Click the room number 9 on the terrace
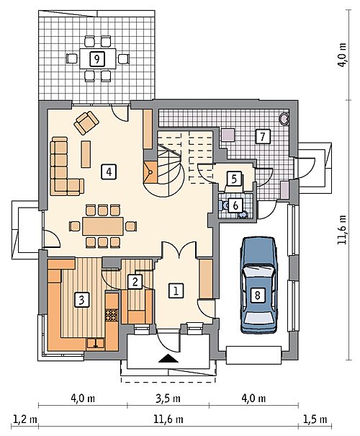click(x=97, y=59)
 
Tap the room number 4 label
click(x=109, y=172)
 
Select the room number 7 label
click(x=263, y=136)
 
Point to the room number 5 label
click(x=234, y=179)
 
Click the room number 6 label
click(x=235, y=206)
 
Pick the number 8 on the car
click(x=257, y=295)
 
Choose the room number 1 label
click(x=176, y=291)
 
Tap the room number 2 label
click(x=135, y=282)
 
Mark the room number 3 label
click(x=82, y=300)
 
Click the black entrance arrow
click(x=168, y=358)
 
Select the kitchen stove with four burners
click(x=112, y=315)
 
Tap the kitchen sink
click(x=96, y=343)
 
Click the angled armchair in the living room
click(x=86, y=123)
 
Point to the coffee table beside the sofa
click(x=86, y=154)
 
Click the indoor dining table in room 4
click(x=103, y=226)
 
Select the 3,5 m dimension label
click(x=168, y=399)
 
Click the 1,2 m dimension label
click(x=24, y=419)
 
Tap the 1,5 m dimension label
click(x=315, y=419)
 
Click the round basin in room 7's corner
click(x=284, y=118)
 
